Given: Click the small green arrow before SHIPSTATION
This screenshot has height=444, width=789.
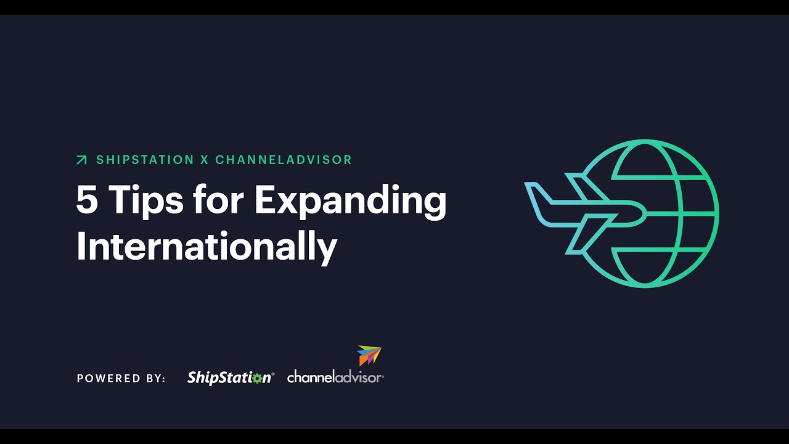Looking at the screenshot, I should (81, 160).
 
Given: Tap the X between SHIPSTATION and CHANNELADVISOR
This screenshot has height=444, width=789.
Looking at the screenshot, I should (205, 160).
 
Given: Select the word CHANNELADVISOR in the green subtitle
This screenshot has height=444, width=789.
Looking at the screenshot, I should (284, 160).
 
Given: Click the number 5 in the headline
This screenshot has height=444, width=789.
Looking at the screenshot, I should (87, 200).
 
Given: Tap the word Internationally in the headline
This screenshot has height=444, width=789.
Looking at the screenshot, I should (206, 247).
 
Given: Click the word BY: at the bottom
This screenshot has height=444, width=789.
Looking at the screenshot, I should (154, 379).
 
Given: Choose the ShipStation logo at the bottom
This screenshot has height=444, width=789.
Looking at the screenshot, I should (230, 378).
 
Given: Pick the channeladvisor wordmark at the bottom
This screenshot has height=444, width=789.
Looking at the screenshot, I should (335, 377).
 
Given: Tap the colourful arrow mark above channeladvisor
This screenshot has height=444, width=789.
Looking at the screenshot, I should (369, 355).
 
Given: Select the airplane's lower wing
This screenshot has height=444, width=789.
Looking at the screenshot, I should (586, 237).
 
